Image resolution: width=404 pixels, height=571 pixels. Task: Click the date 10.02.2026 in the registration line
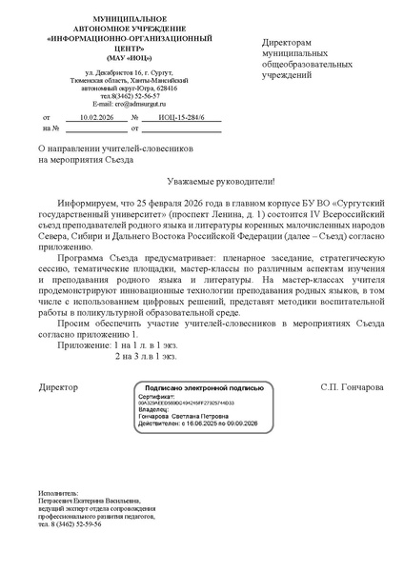coord(96,116)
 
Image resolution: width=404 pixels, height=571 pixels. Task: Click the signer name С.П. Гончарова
coord(353,387)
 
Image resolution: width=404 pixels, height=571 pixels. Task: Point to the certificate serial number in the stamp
coord(193,404)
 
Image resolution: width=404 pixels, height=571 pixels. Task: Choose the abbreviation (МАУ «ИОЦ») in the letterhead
coord(114,59)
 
